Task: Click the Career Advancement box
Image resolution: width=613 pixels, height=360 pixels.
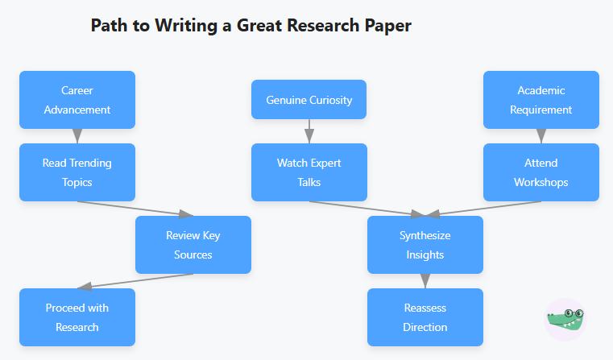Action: pyautogui.click(x=77, y=100)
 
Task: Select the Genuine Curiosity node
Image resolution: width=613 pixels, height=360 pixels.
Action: pyautogui.click(x=309, y=100)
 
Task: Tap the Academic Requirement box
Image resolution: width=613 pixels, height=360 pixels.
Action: pyautogui.click(x=541, y=100)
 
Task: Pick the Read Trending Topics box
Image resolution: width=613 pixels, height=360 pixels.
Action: pyautogui.click(x=77, y=172)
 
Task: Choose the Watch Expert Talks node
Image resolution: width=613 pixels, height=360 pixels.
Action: pyautogui.click(x=309, y=172)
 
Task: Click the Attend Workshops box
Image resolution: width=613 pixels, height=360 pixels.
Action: pyautogui.click(x=541, y=172)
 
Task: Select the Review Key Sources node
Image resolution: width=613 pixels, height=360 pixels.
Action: pyautogui.click(x=193, y=245)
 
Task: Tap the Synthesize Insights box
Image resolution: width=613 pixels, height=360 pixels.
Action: pyautogui.click(x=425, y=245)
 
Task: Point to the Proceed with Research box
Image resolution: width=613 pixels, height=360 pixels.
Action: pyautogui.click(x=77, y=317)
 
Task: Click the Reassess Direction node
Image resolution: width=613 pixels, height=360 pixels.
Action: pyautogui.click(x=425, y=317)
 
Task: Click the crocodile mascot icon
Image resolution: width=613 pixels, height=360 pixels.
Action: pyautogui.click(x=565, y=319)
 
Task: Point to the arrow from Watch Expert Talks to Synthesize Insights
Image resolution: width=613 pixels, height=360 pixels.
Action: pyautogui.click(x=367, y=209)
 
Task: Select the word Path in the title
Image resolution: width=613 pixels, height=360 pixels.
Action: pyautogui.click(x=108, y=26)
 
